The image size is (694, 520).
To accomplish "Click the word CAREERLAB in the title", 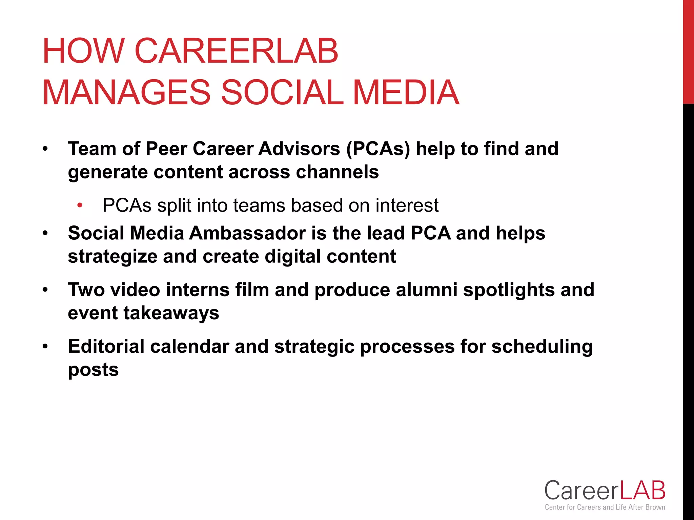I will [x=236, y=51].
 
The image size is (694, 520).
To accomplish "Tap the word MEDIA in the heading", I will [x=406, y=92].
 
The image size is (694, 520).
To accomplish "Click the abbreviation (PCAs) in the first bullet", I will [x=378, y=149].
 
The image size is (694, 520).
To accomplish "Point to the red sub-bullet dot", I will [x=80, y=205].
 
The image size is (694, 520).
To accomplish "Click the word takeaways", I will [x=171, y=313].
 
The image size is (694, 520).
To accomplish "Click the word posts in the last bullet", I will [x=93, y=369].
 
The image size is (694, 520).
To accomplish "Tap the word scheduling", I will [x=542, y=346].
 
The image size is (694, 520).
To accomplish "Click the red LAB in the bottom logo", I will [x=642, y=491].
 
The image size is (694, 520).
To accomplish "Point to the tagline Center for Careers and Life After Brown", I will [x=605, y=507].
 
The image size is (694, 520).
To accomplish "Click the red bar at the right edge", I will [x=688, y=51].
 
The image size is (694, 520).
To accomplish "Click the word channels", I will [x=337, y=172].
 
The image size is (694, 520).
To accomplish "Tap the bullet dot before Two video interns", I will [x=45, y=290].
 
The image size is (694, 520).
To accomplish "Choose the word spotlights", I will [x=509, y=290].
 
